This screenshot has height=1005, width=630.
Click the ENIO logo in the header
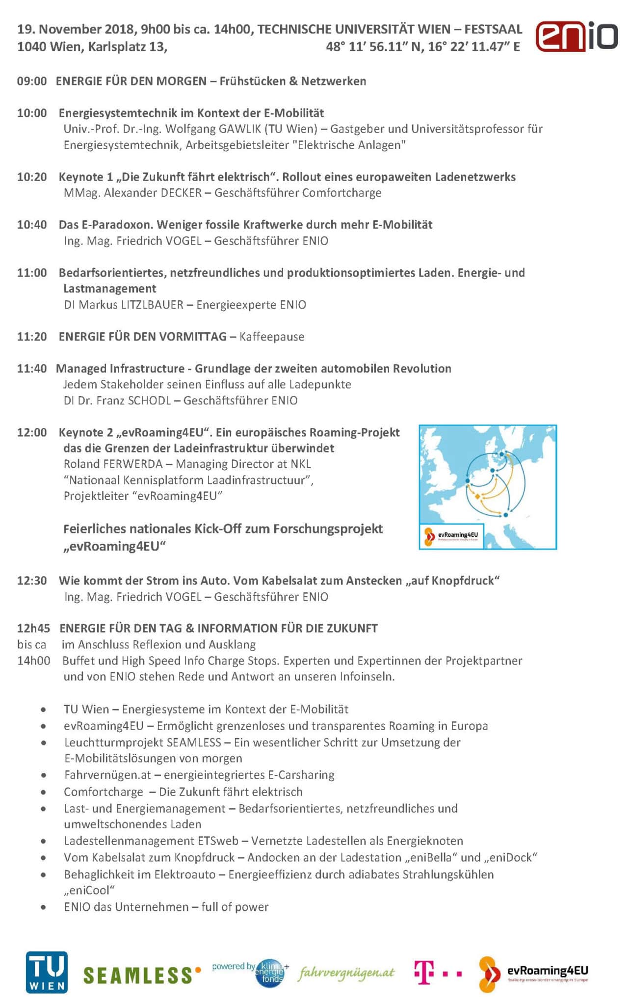(x=577, y=37)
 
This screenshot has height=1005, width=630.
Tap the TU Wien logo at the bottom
(x=47, y=972)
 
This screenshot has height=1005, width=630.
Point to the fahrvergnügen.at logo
(x=346, y=973)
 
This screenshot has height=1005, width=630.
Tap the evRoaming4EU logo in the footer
(x=534, y=974)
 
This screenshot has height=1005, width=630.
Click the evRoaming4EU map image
(x=488, y=487)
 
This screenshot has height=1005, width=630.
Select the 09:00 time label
(x=32, y=81)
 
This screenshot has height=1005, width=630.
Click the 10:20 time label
(x=32, y=177)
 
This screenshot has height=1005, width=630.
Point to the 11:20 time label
(x=32, y=337)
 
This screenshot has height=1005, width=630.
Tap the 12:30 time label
(x=32, y=581)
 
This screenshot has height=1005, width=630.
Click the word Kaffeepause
(x=272, y=337)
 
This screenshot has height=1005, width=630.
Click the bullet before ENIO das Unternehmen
(x=44, y=907)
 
